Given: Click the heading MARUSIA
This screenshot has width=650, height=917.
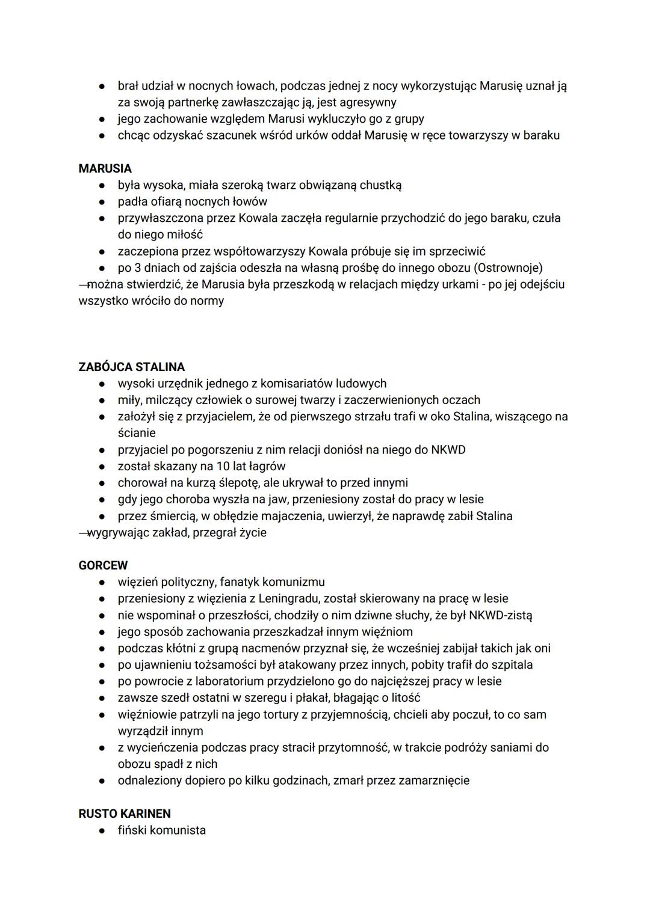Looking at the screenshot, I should pos(105,168).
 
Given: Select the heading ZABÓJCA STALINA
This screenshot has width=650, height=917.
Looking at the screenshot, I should pos(131,367).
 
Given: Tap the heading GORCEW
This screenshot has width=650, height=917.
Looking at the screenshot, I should pos(103,565).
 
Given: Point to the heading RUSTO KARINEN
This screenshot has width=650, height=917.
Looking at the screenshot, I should pos(125,814).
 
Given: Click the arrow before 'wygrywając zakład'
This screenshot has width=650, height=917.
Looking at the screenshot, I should pos(84,532).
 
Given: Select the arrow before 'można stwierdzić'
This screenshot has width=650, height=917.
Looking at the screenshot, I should pos(84,284).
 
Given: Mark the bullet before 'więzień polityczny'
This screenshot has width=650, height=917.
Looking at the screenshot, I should pos(104,582).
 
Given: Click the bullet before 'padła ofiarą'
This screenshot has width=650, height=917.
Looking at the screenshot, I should pos(104,201).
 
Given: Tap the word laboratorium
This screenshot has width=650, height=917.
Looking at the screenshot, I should pos(220,681).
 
